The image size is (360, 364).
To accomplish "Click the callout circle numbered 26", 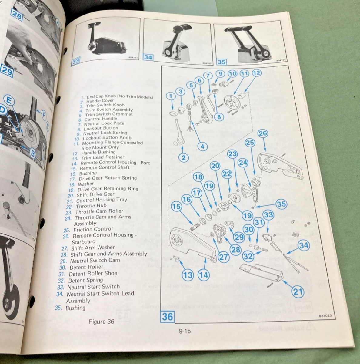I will [263, 133].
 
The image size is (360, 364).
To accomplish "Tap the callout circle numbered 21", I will [298, 292].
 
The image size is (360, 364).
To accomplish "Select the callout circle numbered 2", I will [184, 157].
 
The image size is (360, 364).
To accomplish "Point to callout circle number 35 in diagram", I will [282, 204].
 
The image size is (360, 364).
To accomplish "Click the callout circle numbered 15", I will [176, 207].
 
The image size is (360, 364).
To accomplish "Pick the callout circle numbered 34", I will [304, 245].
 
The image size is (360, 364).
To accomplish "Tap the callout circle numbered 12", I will [256, 73].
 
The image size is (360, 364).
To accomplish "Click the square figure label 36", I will [167, 317].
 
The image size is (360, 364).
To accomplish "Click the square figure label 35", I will [222, 62].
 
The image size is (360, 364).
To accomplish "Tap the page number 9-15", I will [185, 331].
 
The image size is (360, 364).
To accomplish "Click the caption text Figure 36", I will [101, 322].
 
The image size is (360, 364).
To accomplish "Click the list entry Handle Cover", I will [100, 101].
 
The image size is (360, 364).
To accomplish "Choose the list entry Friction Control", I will [93, 229].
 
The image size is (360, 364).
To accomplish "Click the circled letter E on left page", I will [9, 101].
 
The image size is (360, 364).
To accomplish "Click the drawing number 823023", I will [325, 316].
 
